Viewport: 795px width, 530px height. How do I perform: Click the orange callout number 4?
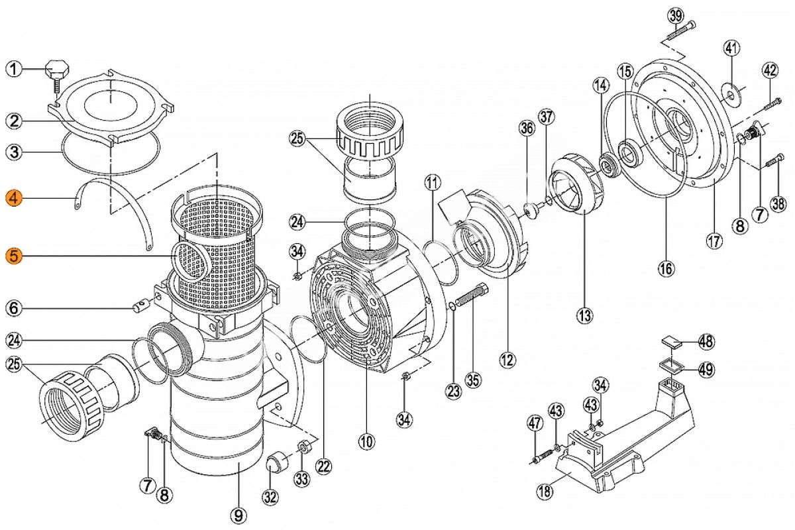click(x=14, y=198)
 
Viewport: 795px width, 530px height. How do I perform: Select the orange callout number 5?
click(x=14, y=256)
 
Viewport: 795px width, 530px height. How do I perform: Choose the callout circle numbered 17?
click(x=714, y=241)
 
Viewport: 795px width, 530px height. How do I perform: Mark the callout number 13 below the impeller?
click(x=584, y=315)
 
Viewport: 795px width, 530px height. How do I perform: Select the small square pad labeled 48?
click(x=672, y=343)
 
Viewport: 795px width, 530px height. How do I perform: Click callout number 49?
click(x=706, y=370)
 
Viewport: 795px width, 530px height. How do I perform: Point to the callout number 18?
click(x=545, y=492)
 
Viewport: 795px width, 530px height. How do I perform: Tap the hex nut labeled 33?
click(x=304, y=447)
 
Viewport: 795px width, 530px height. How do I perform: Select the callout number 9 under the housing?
click(x=238, y=515)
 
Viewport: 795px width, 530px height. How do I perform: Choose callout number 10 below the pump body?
click(x=366, y=442)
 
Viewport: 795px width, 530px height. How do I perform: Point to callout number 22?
click(x=324, y=466)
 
